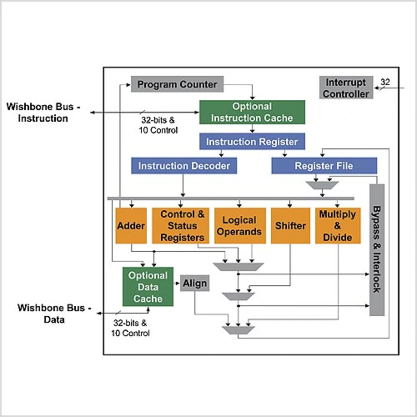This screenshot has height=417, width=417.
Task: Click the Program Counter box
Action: point(177,84)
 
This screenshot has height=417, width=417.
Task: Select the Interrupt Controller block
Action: point(346,88)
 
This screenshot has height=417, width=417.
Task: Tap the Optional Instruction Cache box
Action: point(252,112)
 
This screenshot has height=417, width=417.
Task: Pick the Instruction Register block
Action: point(252,142)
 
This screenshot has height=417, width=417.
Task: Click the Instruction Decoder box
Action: point(184,166)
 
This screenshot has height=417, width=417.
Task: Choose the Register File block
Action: point(324,166)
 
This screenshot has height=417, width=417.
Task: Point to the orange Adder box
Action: point(131,226)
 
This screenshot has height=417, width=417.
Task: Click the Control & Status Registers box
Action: point(182,226)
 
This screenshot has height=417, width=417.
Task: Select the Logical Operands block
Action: point(239,226)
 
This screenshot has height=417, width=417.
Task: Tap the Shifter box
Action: point(290,226)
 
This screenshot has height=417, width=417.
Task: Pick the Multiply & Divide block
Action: point(338,226)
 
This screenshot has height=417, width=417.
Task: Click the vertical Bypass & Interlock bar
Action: point(377,250)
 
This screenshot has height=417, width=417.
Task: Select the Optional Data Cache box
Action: point(148,287)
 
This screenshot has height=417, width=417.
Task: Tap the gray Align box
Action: point(194,283)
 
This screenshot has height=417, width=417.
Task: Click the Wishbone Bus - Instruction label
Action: point(43,112)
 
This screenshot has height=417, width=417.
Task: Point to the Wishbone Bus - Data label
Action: point(54,313)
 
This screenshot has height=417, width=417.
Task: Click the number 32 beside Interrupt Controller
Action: point(385,82)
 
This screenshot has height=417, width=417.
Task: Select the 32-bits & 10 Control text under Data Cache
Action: point(130,328)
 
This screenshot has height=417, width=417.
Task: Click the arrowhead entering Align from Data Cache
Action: point(178,283)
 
